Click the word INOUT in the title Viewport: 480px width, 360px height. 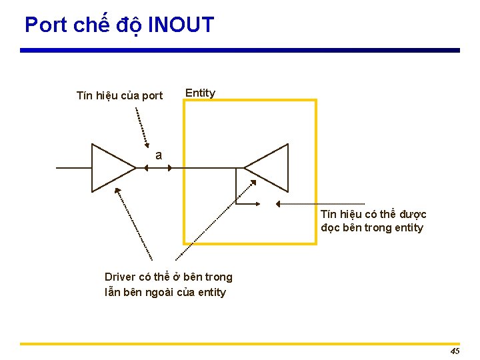pos(181,25)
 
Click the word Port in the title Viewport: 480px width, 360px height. pos(46,25)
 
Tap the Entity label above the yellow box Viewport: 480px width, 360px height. pos(200,93)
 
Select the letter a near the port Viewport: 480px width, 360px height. pos(159,155)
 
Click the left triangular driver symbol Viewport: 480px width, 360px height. pos(111,168)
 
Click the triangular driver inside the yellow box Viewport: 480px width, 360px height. pos(268,167)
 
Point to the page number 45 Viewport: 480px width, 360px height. pos(455,351)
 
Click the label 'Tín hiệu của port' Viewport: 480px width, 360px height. pos(119,95)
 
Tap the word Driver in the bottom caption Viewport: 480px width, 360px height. pos(119,277)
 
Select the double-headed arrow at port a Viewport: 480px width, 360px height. pos(157,168)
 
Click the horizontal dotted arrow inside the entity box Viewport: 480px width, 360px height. pos(320,203)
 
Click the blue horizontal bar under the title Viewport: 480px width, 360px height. pos(240,50)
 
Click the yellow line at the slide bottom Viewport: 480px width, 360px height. pos(240,344)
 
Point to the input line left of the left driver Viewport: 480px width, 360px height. pos(73,168)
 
